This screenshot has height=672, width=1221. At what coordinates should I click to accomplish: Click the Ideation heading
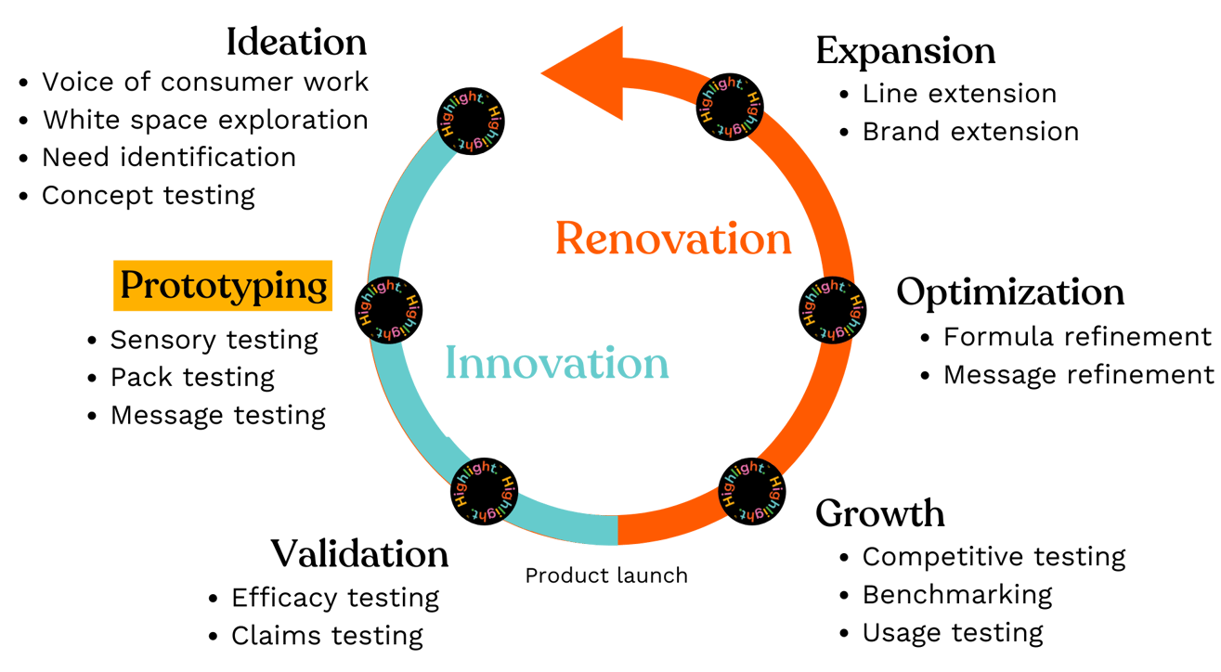point(296,43)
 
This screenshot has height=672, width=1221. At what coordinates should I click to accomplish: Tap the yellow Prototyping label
point(224,286)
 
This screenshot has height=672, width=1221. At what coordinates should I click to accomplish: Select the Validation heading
point(359,554)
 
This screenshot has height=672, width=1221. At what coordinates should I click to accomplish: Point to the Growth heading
point(879,513)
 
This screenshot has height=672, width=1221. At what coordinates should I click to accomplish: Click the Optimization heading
point(1010,293)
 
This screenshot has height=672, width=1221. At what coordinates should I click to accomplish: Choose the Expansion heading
point(905,51)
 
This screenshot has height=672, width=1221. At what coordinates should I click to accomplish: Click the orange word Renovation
point(673,239)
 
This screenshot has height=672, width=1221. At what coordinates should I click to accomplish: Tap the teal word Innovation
point(557,363)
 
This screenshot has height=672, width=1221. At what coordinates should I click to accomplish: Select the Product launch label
point(606,575)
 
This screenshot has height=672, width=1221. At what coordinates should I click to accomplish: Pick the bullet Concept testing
point(149,195)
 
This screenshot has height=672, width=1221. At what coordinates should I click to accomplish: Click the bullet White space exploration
point(205,120)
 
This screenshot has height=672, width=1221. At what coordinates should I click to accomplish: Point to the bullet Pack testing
point(192,378)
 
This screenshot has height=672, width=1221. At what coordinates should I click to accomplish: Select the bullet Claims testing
point(327,636)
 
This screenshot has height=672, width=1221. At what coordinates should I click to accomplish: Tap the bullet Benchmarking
point(957,594)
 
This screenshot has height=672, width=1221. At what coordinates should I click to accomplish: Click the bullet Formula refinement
point(1077,336)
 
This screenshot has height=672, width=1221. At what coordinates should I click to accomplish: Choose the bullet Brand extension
point(970,132)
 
